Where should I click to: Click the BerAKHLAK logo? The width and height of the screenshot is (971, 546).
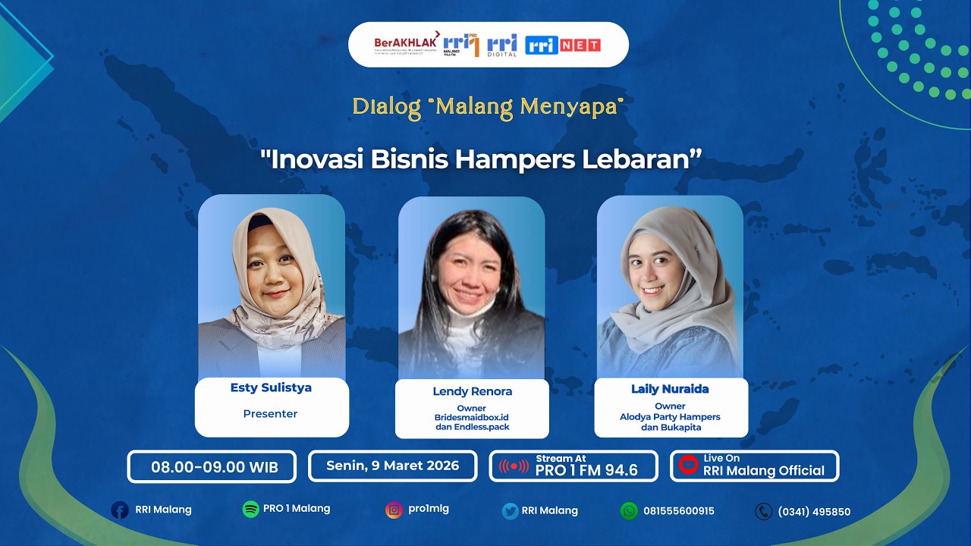(406, 44)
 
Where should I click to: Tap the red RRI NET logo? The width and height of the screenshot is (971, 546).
(562, 45)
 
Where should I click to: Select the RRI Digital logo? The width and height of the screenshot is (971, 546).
(501, 46)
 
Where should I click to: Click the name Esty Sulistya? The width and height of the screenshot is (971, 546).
(271, 388)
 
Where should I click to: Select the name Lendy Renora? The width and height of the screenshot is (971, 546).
(472, 391)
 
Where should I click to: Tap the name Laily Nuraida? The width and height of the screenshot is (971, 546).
(670, 389)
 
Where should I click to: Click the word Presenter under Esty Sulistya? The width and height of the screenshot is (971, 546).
(270, 414)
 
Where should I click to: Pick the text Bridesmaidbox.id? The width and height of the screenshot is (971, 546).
(471, 417)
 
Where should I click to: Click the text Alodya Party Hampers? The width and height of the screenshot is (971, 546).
(670, 416)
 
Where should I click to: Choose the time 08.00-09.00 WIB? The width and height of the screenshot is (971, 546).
(214, 467)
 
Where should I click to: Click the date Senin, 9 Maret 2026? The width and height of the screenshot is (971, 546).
(392, 466)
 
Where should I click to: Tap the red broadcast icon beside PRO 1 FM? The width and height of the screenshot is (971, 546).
(514, 466)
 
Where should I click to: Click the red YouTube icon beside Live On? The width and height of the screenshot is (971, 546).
(688, 465)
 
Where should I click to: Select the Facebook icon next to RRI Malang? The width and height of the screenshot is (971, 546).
(120, 510)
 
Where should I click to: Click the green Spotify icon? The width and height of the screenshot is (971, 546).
(250, 510)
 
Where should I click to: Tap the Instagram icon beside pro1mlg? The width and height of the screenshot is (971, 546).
(393, 510)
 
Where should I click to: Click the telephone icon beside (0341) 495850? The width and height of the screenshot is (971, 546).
(763, 512)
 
